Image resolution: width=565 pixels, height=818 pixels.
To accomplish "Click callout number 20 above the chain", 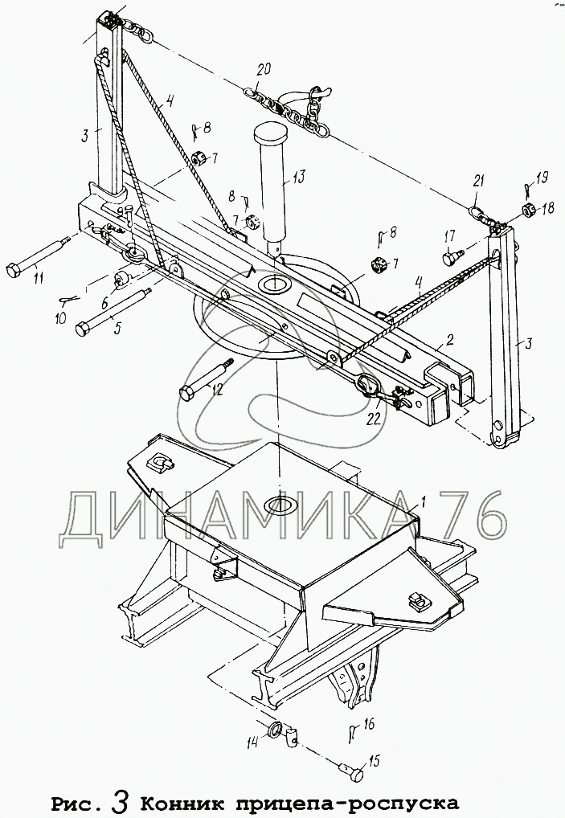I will pos(259,70).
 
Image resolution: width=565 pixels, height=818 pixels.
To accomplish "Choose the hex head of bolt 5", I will pos(84,329).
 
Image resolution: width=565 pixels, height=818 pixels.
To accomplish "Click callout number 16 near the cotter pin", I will pos(370,725).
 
